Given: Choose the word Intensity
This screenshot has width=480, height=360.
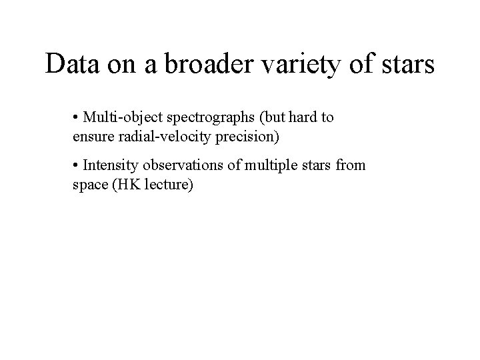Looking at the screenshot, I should point(109,165).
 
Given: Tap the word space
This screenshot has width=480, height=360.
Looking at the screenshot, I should point(89,185).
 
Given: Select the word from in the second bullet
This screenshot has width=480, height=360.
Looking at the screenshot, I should point(351,165).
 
